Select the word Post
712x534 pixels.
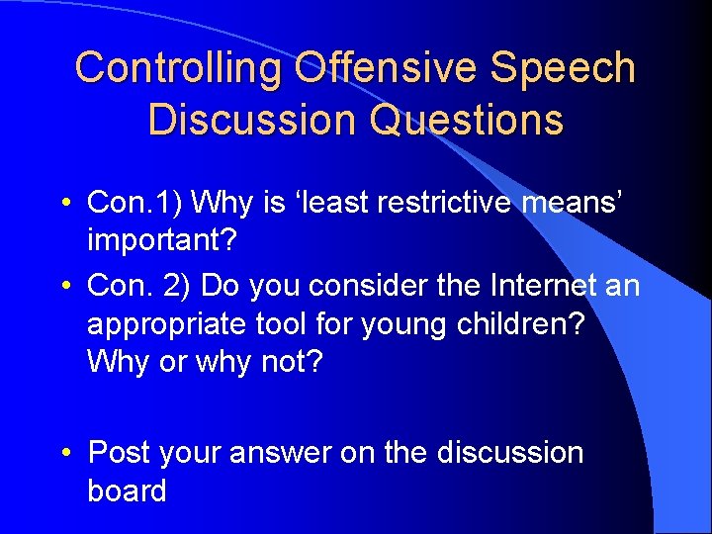coord(119,452)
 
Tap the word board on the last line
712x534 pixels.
coord(127,489)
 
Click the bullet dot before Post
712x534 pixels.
coord(64,453)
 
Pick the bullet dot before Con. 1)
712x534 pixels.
coord(64,204)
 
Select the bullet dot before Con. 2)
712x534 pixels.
coord(64,287)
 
